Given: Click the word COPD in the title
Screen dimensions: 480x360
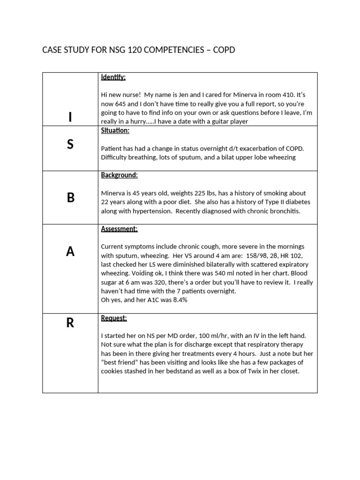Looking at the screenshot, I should click(224, 50).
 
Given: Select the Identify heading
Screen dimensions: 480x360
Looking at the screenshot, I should click(113, 77).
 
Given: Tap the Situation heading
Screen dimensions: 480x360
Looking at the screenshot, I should click(115, 131).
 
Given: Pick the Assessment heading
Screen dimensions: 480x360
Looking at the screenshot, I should click(119, 229).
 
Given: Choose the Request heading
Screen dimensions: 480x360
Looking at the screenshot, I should click(114, 318).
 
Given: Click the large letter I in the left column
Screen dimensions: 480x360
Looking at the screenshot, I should click(70, 118).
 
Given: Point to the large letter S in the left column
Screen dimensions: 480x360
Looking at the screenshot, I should click(70, 144).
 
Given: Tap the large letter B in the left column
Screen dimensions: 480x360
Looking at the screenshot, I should click(70, 198).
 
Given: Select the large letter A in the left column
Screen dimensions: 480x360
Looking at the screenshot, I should click(70, 252).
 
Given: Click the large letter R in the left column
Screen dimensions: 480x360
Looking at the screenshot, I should click(70, 323).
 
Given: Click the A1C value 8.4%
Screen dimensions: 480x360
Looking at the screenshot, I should click(179, 300).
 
